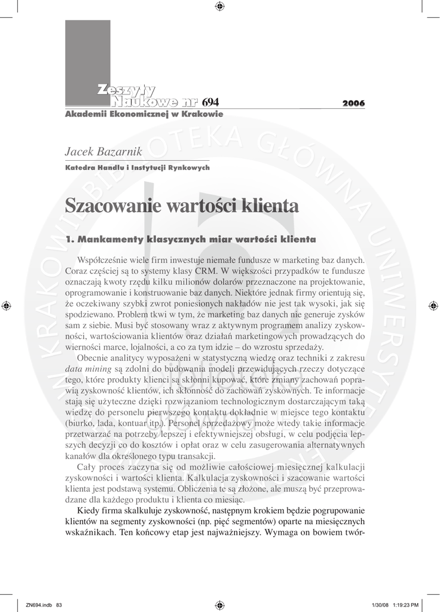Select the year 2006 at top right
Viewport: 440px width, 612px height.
[353, 103]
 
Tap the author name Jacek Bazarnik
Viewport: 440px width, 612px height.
[103, 152]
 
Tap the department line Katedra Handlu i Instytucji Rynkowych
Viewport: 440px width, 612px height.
[137, 168]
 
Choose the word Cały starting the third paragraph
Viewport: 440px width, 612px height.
[88, 466]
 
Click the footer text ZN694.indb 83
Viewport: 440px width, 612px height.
[44, 604]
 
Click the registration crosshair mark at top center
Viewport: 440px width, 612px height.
[219, 7]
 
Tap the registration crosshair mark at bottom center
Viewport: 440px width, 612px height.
[219, 604]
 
